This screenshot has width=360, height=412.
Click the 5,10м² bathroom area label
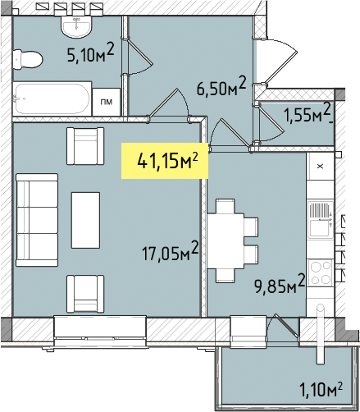(90, 53)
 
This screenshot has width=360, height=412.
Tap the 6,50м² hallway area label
(221, 85)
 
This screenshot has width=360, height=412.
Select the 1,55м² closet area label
(308, 112)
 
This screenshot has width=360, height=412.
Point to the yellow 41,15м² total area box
(165, 161)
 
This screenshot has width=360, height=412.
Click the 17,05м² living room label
(170, 251)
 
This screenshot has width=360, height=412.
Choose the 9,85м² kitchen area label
(280, 284)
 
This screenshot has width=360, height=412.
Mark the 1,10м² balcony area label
(321, 388)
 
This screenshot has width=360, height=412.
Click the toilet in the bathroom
(28, 59)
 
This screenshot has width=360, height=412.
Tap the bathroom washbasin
(76, 25)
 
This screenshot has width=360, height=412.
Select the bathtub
(52, 98)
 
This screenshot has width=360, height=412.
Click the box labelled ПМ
(107, 102)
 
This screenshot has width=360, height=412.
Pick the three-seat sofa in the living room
(37, 220)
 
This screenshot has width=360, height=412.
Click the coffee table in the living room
(85, 220)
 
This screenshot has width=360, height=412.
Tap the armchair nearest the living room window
(85, 294)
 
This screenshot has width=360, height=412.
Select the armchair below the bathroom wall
(85, 146)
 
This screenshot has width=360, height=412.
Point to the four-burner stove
(320, 272)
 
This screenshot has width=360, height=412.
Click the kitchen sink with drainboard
(321, 220)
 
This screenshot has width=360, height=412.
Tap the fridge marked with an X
(321, 166)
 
